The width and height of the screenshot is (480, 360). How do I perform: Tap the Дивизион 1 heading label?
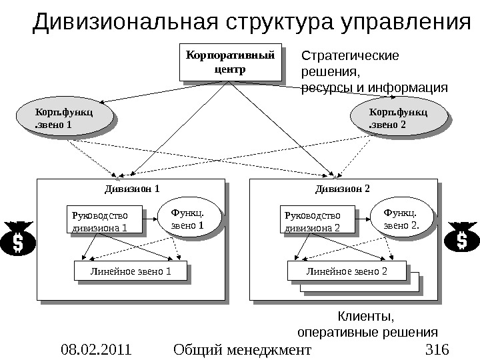(133, 189)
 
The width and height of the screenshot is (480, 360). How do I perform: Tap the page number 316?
(437, 349)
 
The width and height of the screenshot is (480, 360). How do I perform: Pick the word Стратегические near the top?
(351, 56)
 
